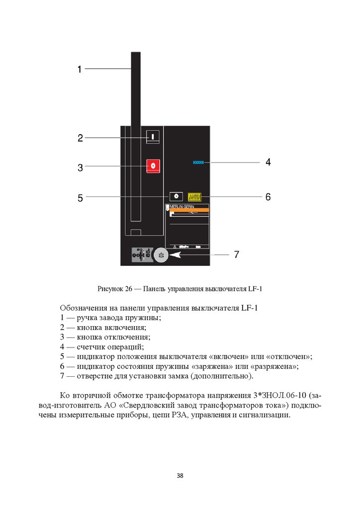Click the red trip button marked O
153,166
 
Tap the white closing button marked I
153,136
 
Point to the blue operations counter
199,162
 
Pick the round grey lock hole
161,255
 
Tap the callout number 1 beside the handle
79,70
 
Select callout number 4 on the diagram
268,162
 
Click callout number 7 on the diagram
237,255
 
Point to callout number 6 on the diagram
268,197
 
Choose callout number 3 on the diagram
80,168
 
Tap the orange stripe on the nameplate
189,211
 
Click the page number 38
180,476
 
